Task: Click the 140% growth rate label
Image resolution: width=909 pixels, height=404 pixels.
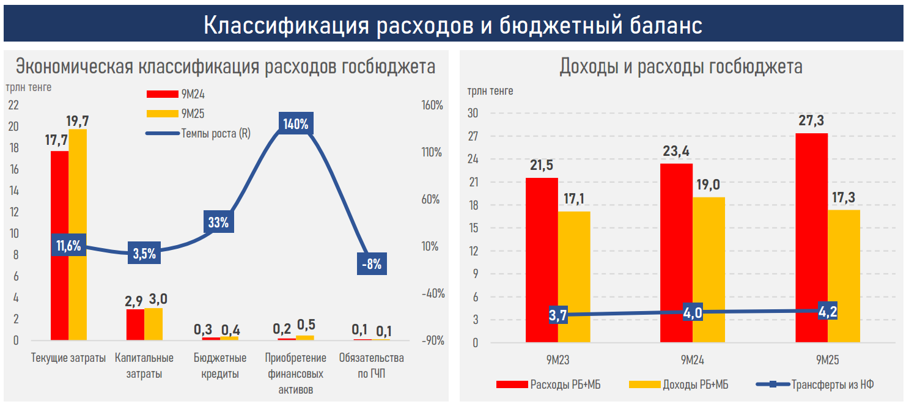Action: click(295, 124)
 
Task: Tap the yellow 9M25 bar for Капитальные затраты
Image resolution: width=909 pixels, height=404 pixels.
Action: click(153, 323)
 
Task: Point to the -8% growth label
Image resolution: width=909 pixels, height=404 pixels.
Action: click(371, 264)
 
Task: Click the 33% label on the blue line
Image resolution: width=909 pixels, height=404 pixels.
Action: click(218, 222)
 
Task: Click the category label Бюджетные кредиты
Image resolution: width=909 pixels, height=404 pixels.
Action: click(219, 365)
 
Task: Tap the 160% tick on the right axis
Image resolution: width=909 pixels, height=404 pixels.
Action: click(432, 105)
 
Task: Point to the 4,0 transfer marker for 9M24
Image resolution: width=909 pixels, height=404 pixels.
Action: click(692, 313)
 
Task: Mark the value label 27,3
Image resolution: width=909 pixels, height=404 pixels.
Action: click(812, 120)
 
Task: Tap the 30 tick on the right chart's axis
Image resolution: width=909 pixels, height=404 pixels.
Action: click(473, 113)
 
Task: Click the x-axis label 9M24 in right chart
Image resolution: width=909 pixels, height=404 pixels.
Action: click(692, 360)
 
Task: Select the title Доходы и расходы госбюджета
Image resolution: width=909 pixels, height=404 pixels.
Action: click(680, 66)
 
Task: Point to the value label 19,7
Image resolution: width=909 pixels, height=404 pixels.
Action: click(78, 120)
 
